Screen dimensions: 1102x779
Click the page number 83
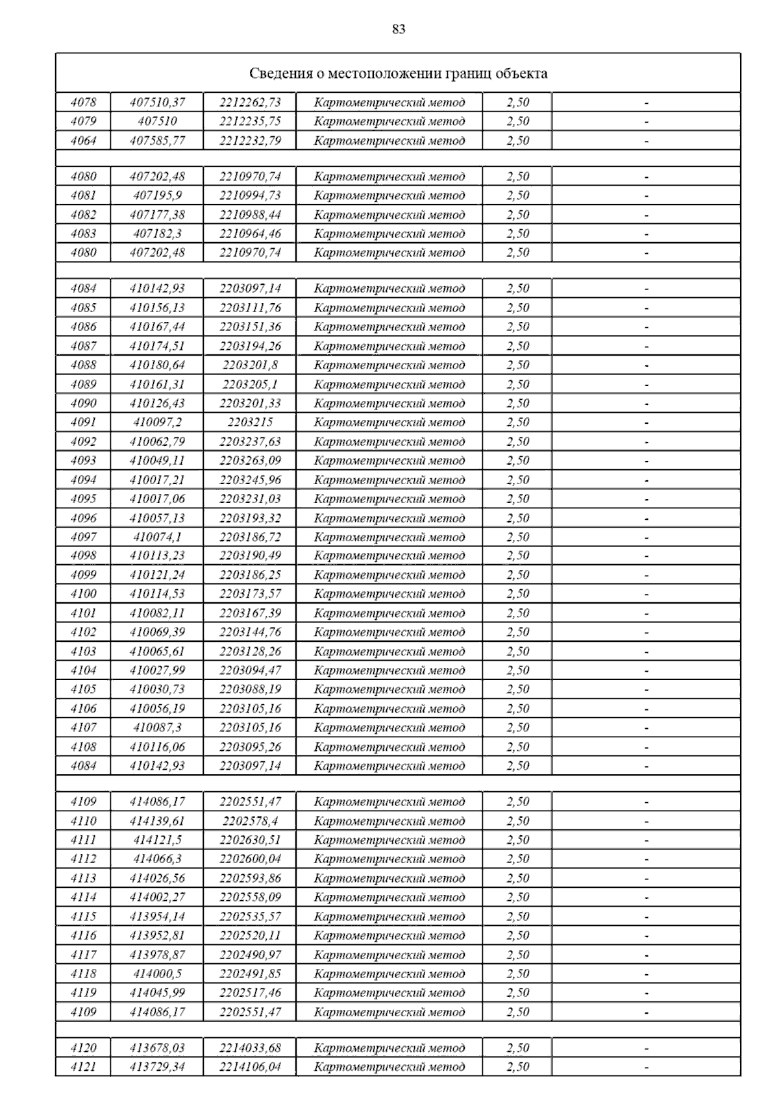(399, 29)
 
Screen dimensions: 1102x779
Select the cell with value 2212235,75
(250, 121)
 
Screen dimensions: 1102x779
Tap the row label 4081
(83, 195)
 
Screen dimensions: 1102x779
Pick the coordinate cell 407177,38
(157, 215)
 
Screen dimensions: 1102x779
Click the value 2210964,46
(250, 234)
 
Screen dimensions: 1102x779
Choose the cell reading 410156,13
(157, 308)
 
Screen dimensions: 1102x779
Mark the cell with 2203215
(250, 422)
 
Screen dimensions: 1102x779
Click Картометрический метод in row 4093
(389, 461)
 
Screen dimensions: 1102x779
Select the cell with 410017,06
(157, 499)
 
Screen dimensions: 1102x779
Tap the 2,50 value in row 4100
(517, 594)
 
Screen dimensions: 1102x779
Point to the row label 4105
(83, 689)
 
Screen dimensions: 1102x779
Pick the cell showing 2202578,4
(250, 821)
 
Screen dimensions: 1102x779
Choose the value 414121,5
(157, 840)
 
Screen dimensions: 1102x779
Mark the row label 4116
(83, 935)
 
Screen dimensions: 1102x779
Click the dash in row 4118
(646, 974)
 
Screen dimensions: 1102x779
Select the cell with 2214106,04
(250, 1067)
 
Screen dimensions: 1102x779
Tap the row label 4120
(83, 1048)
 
